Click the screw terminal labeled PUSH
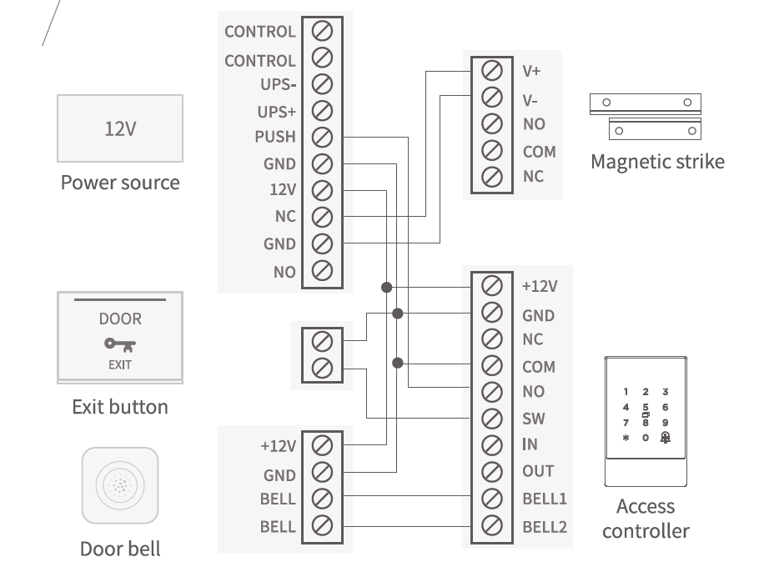pos(322,137)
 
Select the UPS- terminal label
pos(277,84)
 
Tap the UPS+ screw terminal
pos(322,110)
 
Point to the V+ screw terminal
pos(492,70)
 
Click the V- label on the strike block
pos(530,100)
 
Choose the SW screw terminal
pos(492,419)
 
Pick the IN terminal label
pos(530,444)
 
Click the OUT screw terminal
pos(492,471)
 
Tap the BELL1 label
pos(545,499)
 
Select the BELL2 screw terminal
pos(492,526)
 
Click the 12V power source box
pos(120,128)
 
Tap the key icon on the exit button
pos(120,344)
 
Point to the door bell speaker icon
pos(120,485)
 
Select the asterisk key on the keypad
pos(626,437)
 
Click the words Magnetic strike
pos(657,161)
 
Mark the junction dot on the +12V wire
pos(386,287)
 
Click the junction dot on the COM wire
pos(398,363)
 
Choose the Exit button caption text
pos(120,407)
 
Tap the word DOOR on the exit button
pos(120,319)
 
